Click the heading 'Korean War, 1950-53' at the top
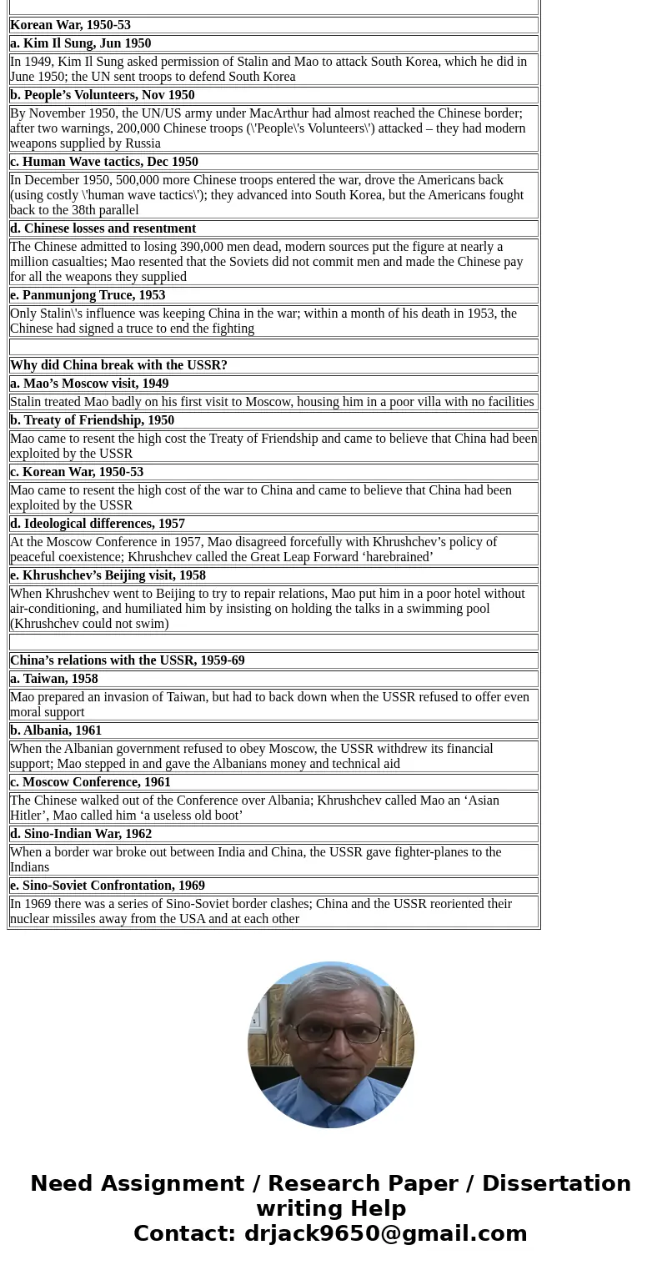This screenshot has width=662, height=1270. tap(71, 25)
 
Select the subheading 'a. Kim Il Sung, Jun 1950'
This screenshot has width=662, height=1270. tap(81, 43)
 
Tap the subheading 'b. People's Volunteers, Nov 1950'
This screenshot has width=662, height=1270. tap(103, 95)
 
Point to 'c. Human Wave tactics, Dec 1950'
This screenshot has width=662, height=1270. tap(104, 162)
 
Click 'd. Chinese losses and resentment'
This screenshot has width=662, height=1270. tap(103, 228)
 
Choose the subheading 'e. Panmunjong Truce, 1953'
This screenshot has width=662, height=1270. tap(88, 295)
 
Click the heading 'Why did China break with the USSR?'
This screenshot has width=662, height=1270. tap(118, 365)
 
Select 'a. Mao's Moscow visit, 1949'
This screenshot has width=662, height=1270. tap(89, 384)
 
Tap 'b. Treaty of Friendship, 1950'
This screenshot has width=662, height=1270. tap(93, 420)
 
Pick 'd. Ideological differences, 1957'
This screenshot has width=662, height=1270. tap(98, 524)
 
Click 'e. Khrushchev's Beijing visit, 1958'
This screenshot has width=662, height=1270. tap(108, 575)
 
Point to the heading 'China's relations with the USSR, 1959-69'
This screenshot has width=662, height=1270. tap(128, 660)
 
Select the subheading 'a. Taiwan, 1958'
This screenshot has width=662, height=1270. tap(54, 679)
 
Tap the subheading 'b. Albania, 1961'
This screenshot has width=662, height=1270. tap(56, 730)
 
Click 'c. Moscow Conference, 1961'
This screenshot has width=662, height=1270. tap(90, 782)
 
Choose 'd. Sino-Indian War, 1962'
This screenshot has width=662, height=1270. tap(81, 834)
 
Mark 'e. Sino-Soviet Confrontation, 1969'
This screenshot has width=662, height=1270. tap(108, 886)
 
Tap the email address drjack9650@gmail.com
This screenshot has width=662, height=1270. tap(385, 1234)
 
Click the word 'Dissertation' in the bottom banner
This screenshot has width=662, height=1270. tap(556, 1184)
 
